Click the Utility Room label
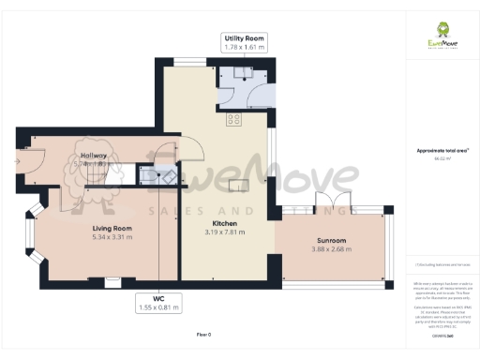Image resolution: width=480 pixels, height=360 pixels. click(243, 36)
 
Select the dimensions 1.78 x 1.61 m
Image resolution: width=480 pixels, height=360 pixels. click(243, 46)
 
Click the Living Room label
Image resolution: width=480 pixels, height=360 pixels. click(112, 228)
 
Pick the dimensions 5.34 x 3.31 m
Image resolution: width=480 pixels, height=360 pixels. click(112, 237)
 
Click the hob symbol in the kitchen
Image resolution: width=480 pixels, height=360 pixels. click(233, 119)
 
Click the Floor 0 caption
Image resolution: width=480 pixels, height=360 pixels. click(203, 335)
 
